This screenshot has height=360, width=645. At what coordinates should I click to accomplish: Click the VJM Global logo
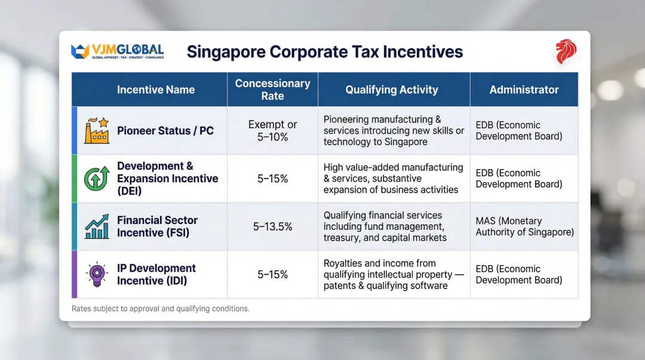coord(117,51)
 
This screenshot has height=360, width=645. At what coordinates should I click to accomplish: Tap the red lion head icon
coord(566,52)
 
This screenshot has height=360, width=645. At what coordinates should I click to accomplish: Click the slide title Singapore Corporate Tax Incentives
coord(325,52)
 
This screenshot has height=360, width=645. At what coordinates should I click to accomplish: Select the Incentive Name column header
coord(156,90)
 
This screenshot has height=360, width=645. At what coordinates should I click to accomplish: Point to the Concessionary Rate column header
coord(272,90)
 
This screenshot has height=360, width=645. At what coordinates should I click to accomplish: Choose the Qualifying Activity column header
coord(392,90)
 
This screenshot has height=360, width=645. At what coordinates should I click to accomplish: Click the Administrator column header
coord(524,90)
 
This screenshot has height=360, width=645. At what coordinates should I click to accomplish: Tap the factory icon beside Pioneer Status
coord(96,131)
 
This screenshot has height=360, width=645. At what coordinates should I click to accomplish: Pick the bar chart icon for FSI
coord(96,226)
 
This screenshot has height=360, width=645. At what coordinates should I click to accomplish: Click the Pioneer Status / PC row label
coord(165,131)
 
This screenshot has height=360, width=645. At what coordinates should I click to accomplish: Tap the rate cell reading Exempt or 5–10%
coord(272,131)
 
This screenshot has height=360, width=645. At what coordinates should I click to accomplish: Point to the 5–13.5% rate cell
coord(272,226)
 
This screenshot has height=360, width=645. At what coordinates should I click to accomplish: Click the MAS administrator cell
coord(524,226)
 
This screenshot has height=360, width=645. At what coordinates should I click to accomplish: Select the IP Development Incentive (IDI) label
coord(156,275)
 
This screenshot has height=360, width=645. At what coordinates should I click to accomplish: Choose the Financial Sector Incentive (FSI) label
coord(157,226)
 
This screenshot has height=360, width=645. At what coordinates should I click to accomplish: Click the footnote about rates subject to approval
coord(160,309)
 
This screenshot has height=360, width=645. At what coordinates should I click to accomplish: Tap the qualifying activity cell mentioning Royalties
coord(392,275)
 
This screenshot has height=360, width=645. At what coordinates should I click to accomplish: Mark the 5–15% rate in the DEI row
coord(272,179)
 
